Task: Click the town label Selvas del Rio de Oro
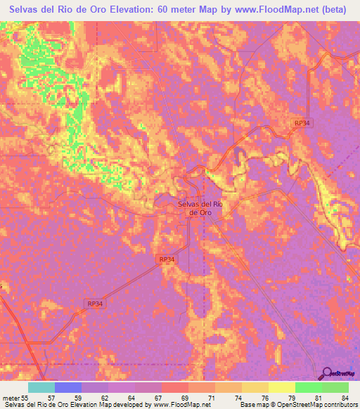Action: click(x=200, y=208)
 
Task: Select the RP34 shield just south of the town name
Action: click(x=167, y=259)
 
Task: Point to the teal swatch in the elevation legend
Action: click(x=41, y=387)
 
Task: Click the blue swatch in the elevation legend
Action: click(x=68, y=387)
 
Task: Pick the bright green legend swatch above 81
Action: click(x=308, y=387)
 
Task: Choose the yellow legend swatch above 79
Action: click(x=281, y=387)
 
